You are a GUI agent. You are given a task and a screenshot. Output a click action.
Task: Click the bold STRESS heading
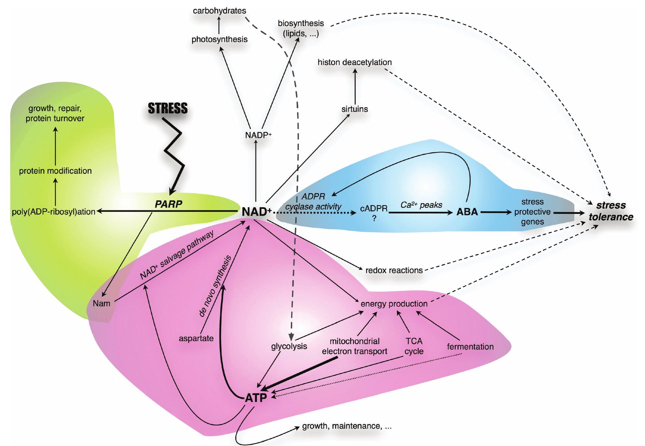(x=167, y=108)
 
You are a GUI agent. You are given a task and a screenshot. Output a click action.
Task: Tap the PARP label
(x=168, y=204)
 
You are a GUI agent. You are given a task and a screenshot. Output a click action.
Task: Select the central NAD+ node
(x=257, y=212)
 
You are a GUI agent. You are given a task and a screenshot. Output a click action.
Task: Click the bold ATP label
(x=255, y=398)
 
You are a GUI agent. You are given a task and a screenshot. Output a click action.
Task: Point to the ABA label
(x=467, y=212)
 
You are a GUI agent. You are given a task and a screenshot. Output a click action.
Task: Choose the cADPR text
(x=374, y=208)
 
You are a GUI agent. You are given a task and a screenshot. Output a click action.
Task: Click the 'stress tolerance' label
(x=611, y=211)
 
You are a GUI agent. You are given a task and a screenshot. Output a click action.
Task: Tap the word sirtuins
(x=354, y=109)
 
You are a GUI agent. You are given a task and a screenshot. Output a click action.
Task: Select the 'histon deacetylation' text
(x=354, y=62)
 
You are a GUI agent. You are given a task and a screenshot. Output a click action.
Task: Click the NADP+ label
(x=258, y=135)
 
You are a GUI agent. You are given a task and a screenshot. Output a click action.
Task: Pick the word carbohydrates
(x=219, y=11)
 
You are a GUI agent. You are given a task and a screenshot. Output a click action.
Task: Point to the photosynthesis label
(x=219, y=39)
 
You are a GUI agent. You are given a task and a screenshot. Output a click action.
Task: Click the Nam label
(x=101, y=303)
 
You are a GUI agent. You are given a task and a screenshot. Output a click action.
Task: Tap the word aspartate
(x=196, y=338)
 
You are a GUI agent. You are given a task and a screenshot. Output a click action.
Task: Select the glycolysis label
(x=289, y=346)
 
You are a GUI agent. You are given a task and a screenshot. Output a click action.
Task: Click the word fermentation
(x=470, y=346)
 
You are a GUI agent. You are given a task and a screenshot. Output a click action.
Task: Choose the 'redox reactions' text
(x=394, y=270)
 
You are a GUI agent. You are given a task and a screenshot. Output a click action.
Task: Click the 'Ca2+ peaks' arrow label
(x=421, y=205)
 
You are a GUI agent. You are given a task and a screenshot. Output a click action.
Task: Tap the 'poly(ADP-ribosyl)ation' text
(x=53, y=212)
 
